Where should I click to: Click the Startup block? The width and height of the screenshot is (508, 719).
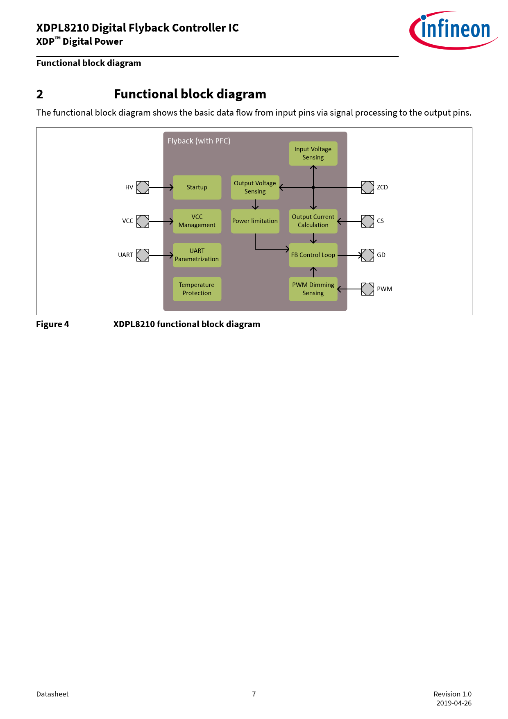[x=197, y=187]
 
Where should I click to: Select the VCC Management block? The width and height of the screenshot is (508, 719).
[x=197, y=221]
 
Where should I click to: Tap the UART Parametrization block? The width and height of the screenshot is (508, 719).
[x=197, y=255]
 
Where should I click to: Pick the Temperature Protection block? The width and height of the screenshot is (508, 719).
[x=197, y=289]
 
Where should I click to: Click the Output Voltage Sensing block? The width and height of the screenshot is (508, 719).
[x=255, y=187]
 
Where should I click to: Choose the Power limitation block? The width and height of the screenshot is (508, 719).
[x=255, y=221]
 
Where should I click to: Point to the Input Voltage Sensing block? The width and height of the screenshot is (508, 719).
[x=313, y=154]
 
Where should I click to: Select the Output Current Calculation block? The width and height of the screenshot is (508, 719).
[x=313, y=221]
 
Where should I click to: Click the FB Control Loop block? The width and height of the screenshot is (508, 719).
[x=313, y=255]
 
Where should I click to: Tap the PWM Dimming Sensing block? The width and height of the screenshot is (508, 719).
[x=313, y=289]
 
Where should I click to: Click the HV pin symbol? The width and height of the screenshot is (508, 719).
[x=143, y=187]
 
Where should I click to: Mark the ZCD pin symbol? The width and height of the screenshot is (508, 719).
[x=367, y=187]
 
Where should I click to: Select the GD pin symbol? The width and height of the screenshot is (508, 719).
[x=367, y=255]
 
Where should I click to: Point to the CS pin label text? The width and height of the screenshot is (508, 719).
[x=380, y=221]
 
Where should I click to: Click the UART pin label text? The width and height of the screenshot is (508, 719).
[x=125, y=255]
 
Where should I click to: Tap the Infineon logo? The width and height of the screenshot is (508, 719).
[x=454, y=30]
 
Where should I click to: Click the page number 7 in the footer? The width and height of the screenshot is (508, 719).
[x=254, y=694]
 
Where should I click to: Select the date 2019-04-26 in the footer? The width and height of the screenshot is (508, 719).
[x=454, y=703]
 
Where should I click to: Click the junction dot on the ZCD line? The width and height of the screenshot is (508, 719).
[x=313, y=187]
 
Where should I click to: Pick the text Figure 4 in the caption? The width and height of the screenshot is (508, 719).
[x=52, y=324]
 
